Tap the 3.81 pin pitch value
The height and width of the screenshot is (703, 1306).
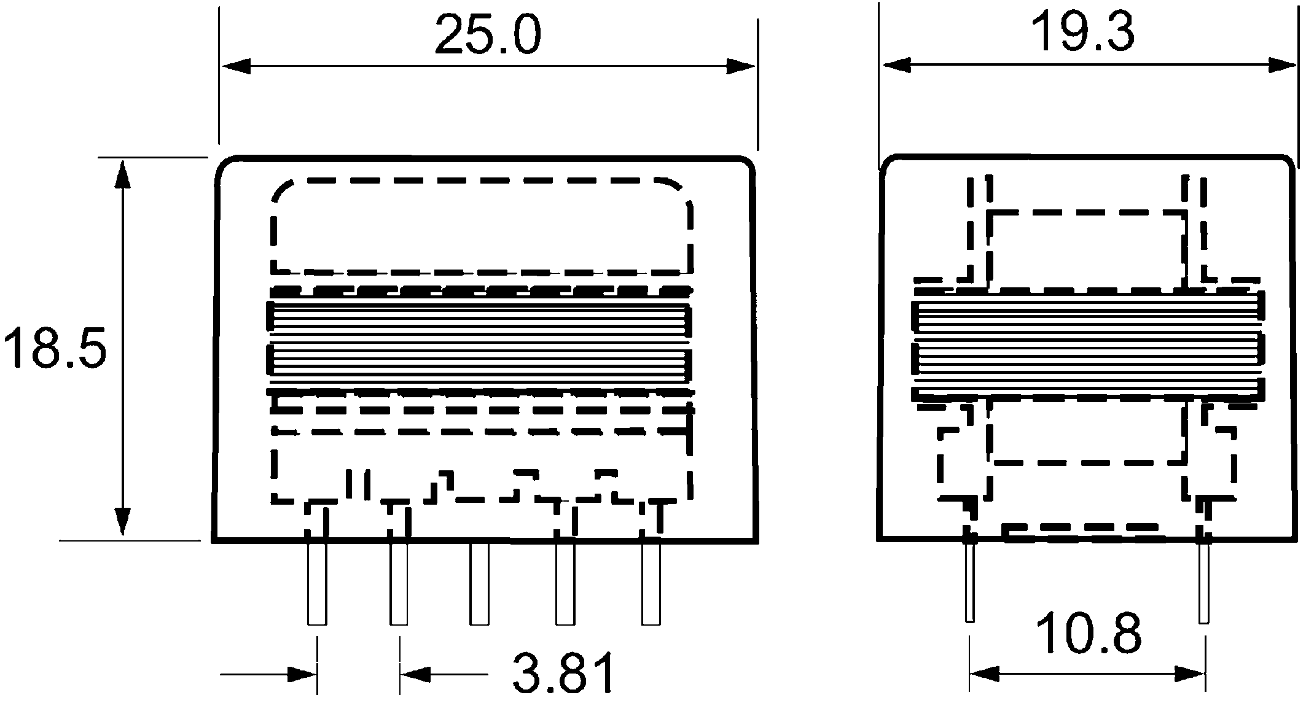click(x=564, y=674)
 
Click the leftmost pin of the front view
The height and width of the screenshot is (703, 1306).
click(x=317, y=583)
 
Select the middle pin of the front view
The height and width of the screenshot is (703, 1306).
click(x=479, y=583)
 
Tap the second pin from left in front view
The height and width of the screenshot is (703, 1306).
click(x=399, y=583)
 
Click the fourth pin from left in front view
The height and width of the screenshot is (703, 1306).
click(x=565, y=583)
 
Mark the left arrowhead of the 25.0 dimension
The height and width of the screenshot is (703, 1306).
click(x=236, y=66)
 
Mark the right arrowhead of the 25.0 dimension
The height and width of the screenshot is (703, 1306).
click(x=740, y=66)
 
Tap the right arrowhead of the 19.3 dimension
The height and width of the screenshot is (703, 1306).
click(x=1282, y=65)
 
